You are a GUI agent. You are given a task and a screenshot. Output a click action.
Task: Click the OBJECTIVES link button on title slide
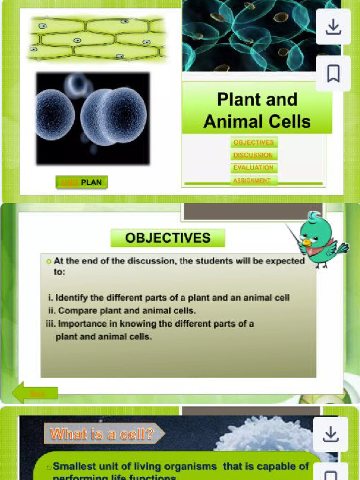click(x=254, y=142)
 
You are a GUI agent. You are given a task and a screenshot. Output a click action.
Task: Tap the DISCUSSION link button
click(x=254, y=155)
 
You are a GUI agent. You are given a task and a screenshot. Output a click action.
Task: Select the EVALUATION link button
click(x=254, y=168)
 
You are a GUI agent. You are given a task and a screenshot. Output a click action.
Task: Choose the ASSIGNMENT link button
click(x=254, y=180)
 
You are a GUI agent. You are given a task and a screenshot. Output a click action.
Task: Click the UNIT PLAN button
click(x=82, y=182)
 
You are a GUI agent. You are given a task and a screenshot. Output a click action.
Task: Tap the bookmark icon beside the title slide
click(x=333, y=74)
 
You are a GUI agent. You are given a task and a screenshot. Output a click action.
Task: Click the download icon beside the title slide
click(x=333, y=27)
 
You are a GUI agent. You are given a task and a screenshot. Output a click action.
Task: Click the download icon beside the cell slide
click(x=331, y=435)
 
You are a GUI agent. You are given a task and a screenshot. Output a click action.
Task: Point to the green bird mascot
click(x=319, y=239)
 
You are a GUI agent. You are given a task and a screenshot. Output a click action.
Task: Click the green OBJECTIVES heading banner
click(x=168, y=238)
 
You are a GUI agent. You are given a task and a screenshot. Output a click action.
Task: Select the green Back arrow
click(x=35, y=393)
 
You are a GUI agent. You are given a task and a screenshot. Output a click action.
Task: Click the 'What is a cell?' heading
click(x=102, y=434)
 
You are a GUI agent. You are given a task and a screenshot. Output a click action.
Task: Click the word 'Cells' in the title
click(x=287, y=122)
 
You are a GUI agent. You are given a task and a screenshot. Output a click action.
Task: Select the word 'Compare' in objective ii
click(x=75, y=310)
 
